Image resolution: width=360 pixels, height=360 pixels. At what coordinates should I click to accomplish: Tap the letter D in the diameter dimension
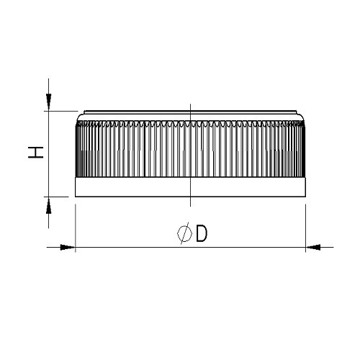tap(201, 234)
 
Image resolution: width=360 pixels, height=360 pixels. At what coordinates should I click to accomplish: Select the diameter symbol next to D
tap(184, 234)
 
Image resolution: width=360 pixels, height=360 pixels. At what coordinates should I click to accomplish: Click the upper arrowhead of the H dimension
tap(49, 104)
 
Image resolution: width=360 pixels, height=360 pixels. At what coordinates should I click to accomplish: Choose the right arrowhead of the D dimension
tap(314, 248)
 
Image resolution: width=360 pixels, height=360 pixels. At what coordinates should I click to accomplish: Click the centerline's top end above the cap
tap(189, 105)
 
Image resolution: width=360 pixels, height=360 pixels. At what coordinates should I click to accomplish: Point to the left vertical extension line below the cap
tap(76, 223)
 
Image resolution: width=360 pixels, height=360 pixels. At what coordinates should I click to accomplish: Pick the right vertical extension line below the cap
tap(307, 223)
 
